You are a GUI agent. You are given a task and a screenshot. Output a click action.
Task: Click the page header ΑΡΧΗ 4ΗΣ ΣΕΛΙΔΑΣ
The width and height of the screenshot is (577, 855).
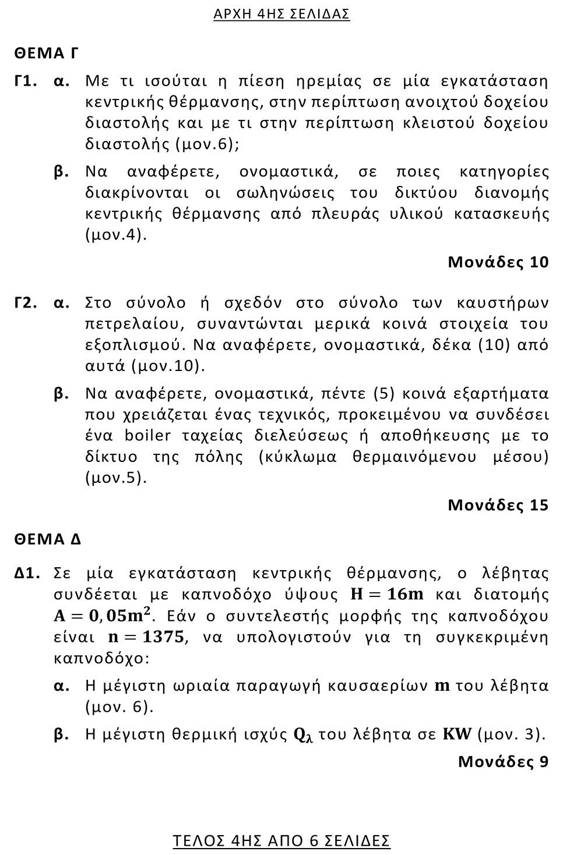282,14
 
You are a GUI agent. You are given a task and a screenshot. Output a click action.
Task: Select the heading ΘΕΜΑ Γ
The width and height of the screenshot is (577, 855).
46,54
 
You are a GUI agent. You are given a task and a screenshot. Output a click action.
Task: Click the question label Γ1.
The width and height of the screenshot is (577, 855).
26,81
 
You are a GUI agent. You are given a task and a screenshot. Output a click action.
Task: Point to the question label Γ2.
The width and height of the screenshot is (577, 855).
26,303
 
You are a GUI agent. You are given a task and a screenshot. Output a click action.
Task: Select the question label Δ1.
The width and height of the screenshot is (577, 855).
27,574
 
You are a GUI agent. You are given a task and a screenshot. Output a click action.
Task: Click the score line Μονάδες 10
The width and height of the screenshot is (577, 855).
498,262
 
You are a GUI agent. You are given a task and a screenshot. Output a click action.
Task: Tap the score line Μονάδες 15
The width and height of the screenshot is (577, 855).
498,505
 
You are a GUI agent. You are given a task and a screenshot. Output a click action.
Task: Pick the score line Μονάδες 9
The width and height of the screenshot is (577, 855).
503,761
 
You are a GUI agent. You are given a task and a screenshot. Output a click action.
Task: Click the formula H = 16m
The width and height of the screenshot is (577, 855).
386,595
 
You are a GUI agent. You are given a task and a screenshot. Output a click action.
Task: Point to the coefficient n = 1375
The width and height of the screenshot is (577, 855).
146,637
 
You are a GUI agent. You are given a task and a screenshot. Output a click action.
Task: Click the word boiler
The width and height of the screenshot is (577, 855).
148,436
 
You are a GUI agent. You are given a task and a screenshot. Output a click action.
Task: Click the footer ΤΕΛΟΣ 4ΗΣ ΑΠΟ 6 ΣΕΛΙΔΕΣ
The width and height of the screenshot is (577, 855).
282,840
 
